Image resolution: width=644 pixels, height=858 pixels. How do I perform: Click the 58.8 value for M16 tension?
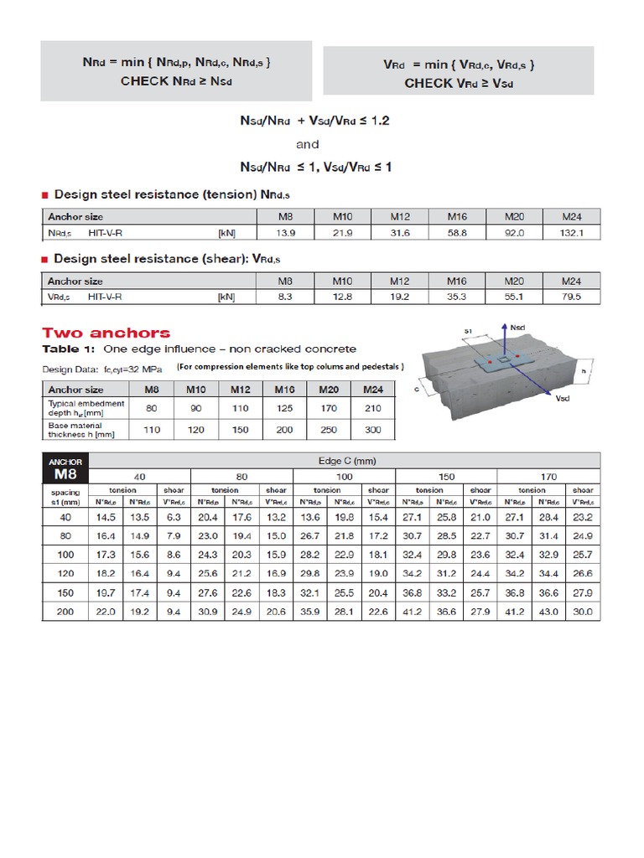pyautogui.click(x=456, y=233)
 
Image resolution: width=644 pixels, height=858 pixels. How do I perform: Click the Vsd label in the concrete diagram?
pyautogui.click(x=563, y=399)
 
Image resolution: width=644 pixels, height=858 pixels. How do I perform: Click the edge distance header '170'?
pyautogui.click(x=548, y=476)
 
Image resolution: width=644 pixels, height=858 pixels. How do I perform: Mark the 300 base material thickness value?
pyautogui.click(x=372, y=430)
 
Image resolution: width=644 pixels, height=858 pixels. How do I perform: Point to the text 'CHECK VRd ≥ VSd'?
pyautogui.click(x=458, y=83)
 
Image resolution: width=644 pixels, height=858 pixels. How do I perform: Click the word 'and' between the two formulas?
pyautogui.click(x=308, y=144)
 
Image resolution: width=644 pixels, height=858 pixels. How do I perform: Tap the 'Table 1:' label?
pyautogui.click(x=67, y=349)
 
